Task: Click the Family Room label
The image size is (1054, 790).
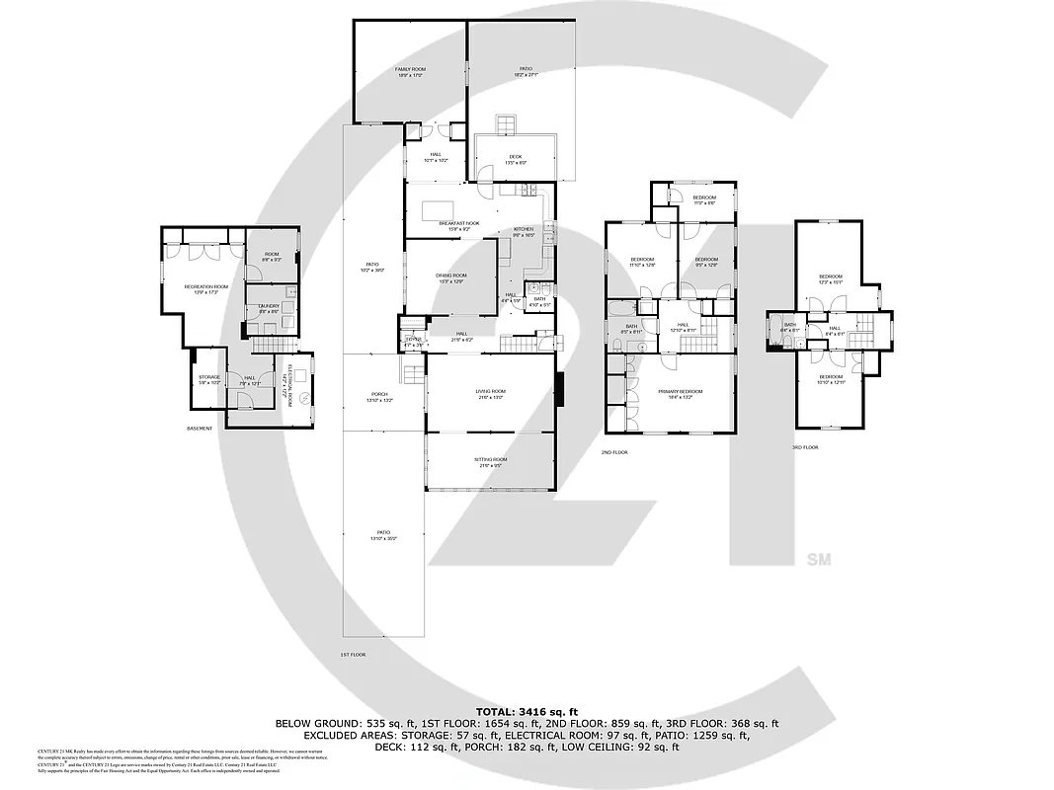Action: (x=409, y=71)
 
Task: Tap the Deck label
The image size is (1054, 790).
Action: (x=515, y=159)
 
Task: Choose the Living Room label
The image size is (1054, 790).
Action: (x=491, y=394)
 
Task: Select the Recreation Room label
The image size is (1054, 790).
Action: (x=205, y=288)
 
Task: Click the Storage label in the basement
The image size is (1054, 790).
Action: (x=207, y=378)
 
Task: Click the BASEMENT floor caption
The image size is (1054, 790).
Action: (x=200, y=429)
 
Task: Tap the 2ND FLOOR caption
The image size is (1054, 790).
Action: (x=613, y=452)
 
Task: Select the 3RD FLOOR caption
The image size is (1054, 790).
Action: (x=805, y=447)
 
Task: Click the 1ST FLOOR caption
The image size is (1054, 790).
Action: (x=353, y=655)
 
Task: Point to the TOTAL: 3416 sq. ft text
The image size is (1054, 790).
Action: (x=527, y=711)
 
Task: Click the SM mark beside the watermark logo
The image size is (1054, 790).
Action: (x=819, y=560)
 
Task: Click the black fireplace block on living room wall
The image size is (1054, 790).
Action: (x=559, y=389)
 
